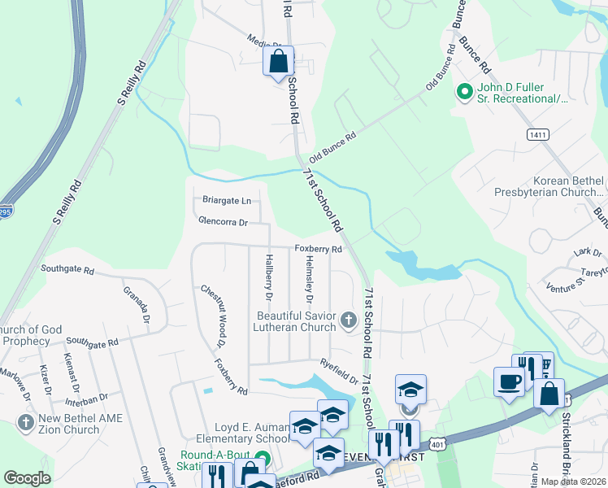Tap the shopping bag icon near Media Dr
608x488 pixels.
click(278, 62)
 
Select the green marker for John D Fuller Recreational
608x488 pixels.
click(464, 92)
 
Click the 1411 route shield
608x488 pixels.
click(538, 134)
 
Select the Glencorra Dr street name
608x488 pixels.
click(222, 220)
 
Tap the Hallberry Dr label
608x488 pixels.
click(267, 281)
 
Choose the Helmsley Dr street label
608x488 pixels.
click(309, 281)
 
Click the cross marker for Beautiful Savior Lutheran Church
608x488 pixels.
click(348, 320)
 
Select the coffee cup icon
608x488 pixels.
click(510, 382)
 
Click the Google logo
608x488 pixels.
click(27, 478)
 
